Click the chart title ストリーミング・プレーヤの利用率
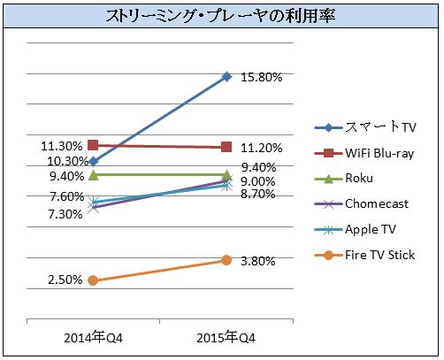tap(220, 16)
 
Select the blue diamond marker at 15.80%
tap(226, 77)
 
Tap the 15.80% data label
tap(262, 77)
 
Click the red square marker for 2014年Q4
tap(93, 145)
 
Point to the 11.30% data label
tap(62, 146)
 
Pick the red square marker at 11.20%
tap(226, 147)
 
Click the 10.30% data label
tap(68, 161)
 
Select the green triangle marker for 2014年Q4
tap(94, 175)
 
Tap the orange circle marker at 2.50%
tap(93, 280)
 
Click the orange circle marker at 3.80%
tap(226, 260)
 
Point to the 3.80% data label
tap(258, 261)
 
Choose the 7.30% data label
tap(65, 214)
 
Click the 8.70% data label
tap(258, 195)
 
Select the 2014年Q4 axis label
tap(93, 338)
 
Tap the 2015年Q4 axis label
tap(226, 338)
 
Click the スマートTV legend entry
tap(365, 127)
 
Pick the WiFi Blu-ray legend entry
tap(364, 153)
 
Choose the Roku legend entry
tap(344, 179)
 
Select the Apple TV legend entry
tap(355, 230)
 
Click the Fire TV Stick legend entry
tap(364, 255)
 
